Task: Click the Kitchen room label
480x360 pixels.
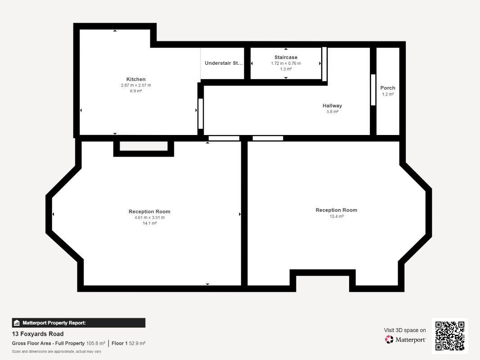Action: (x=136, y=79)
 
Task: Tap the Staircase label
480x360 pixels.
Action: (x=286, y=57)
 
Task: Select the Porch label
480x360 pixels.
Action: (x=387, y=88)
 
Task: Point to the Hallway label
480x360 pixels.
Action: (x=332, y=106)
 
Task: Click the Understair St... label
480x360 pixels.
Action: (x=224, y=63)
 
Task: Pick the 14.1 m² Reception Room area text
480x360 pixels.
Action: (x=150, y=223)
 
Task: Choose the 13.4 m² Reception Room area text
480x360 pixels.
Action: (x=336, y=216)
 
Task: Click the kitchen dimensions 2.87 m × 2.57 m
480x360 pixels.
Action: (x=136, y=85)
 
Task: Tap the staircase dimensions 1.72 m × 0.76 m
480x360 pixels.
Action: (x=286, y=63)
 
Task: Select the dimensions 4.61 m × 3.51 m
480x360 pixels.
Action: (x=150, y=218)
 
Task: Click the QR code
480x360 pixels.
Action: (x=450, y=336)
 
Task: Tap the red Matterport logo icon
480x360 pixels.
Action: (x=389, y=339)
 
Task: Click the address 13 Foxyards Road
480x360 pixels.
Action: (x=38, y=334)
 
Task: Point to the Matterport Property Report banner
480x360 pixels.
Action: (x=79, y=323)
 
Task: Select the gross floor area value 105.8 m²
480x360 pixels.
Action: (x=95, y=343)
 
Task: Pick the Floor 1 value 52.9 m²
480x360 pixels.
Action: (x=137, y=343)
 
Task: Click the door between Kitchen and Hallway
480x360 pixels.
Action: (x=201, y=113)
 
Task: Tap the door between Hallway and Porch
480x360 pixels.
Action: (x=373, y=90)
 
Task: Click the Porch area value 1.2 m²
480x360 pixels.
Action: (x=388, y=94)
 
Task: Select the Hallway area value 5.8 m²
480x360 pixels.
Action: (x=332, y=112)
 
